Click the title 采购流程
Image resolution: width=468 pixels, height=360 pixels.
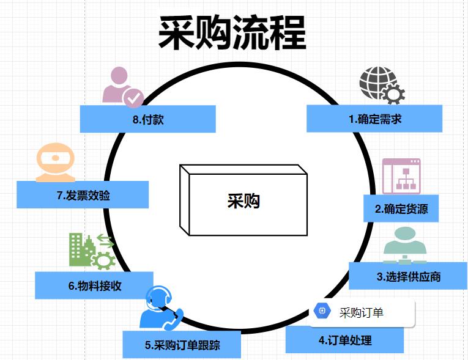232,32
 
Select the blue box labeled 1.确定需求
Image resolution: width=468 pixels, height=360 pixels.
374,119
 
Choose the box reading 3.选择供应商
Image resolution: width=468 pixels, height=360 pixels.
408,276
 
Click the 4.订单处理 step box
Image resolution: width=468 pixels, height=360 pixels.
344,340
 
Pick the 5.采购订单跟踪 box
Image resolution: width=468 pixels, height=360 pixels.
182,345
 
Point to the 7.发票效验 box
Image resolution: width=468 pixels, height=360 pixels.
83,195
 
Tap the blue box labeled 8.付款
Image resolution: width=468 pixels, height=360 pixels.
147,119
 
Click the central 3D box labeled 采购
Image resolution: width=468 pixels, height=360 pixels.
243,200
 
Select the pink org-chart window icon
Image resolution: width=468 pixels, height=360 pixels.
401,176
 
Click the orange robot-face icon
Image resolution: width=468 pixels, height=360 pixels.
54,161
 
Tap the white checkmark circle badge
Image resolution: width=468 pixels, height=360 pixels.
134,98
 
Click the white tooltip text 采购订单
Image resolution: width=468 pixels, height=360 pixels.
361,313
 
